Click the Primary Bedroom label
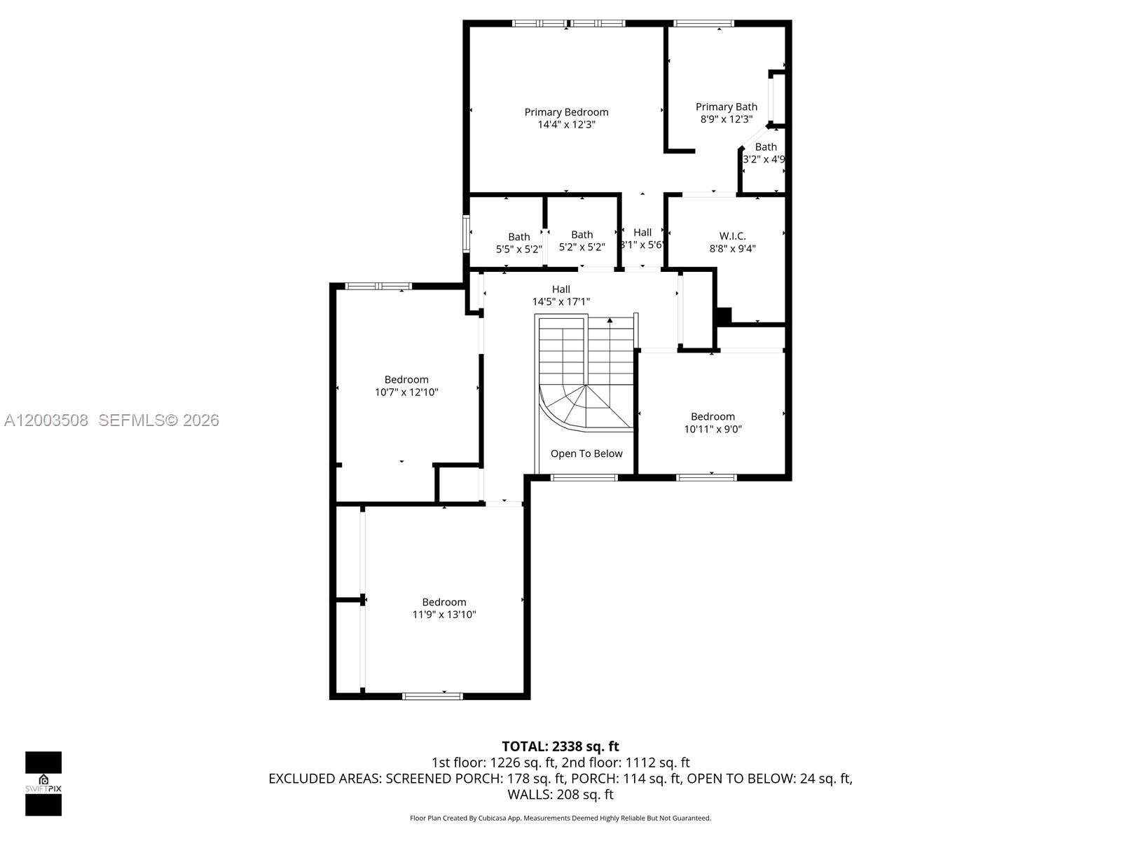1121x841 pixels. click(566, 112)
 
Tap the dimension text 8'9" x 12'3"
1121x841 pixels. click(726, 119)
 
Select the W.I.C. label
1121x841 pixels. click(732, 235)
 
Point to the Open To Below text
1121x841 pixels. click(586, 453)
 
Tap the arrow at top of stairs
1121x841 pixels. click(610, 320)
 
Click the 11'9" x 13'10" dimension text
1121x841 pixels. click(443, 615)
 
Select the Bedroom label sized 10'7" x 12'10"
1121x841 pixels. click(406, 379)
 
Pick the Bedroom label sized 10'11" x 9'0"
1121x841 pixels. click(713, 416)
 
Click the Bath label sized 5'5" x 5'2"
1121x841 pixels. click(519, 237)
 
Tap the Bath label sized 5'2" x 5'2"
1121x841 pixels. click(582, 235)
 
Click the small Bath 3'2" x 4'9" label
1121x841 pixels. click(766, 146)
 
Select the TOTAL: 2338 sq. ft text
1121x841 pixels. click(560, 746)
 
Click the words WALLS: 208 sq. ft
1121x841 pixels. click(560, 795)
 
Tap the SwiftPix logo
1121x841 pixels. click(43, 784)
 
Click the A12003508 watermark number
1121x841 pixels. click(46, 420)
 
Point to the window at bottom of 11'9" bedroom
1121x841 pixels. click(432, 696)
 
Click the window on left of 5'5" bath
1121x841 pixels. click(466, 234)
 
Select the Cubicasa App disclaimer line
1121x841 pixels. click(560, 818)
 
